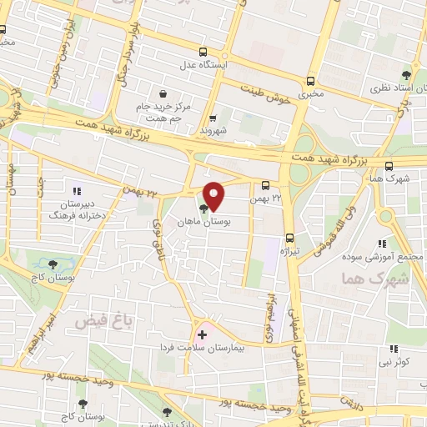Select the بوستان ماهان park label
(x=199, y=224)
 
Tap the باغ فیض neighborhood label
(x=95, y=320)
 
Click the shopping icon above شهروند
(x=213, y=118)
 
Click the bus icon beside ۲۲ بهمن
(x=265, y=185)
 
